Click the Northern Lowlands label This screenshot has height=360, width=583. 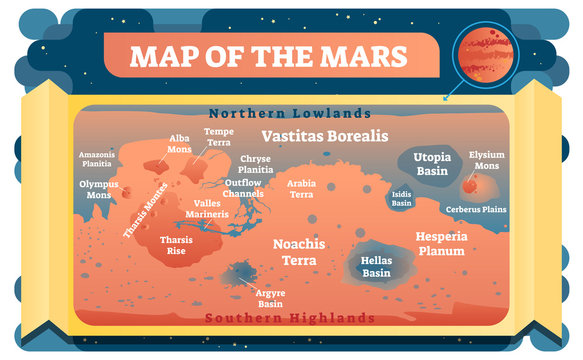[x=290, y=113]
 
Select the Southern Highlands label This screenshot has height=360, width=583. [x=290, y=318]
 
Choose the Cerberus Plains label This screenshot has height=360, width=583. [x=476, y=209]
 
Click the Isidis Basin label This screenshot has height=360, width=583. [x=401, y=198]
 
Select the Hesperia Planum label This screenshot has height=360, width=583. [x=441, y=244]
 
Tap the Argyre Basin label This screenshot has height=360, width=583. [x=271, y=298]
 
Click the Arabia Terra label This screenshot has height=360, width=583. [x=301, y=189]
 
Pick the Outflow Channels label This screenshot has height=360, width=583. [x=244, y=188]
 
